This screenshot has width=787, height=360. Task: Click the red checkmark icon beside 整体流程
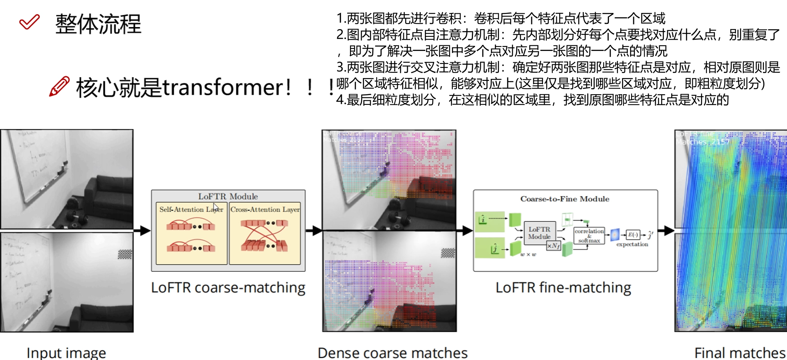click(30, 22)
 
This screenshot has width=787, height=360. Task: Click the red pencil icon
click(59, 86)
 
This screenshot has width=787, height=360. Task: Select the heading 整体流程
click(98, 24)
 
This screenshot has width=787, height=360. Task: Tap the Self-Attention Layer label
click(191, 209)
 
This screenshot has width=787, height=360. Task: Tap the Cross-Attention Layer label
click(265, 209)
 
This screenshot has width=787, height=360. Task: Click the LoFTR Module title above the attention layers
click(228, 196)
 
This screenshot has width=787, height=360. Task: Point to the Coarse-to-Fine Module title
click(564, 199)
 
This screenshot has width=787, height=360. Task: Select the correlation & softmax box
click(589, 235)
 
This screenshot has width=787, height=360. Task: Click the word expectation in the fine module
click(632, 244)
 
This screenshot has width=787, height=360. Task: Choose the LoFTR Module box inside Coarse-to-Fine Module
click(539, 233)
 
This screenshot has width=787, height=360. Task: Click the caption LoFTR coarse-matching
click(228, 288)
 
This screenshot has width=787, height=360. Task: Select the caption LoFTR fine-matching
click(563, 288)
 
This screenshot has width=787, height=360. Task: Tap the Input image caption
click(66, 353)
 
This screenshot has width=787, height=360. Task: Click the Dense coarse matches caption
click(392, 353)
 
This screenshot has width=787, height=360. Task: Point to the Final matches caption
click(740, 353)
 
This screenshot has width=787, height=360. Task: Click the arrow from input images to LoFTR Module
click(142, 231)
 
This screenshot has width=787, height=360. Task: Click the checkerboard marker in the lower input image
click(125, 254)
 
